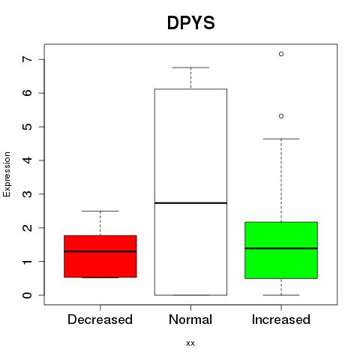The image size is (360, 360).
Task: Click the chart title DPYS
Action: (190, 23)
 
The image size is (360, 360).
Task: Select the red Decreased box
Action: (100, 256)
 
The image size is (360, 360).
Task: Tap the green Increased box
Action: (281, 250)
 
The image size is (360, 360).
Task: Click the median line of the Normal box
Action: (190, 203)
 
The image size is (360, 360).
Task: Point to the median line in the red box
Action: (100, 251)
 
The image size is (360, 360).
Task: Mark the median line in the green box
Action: (281, 248)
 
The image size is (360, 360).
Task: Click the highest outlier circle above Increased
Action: (281, 54)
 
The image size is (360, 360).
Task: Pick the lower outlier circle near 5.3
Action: (281, 116)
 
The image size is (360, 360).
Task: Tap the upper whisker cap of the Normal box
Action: (190, 67)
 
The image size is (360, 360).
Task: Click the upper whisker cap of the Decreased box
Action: (100, 211)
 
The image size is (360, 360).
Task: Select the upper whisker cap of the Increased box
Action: (281, 139)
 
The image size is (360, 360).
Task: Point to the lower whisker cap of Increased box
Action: (281, 295)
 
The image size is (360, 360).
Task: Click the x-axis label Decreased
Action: (100, 319)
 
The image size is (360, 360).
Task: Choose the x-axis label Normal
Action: (190, 319)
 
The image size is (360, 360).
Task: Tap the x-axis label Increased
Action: (281, 319)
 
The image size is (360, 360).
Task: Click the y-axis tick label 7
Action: (28, 59)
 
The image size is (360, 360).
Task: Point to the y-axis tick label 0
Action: (28, 295)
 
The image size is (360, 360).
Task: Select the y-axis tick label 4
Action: (28, 160)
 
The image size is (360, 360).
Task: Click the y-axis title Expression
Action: (7, 174)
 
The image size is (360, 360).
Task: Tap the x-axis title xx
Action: (190, 343)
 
